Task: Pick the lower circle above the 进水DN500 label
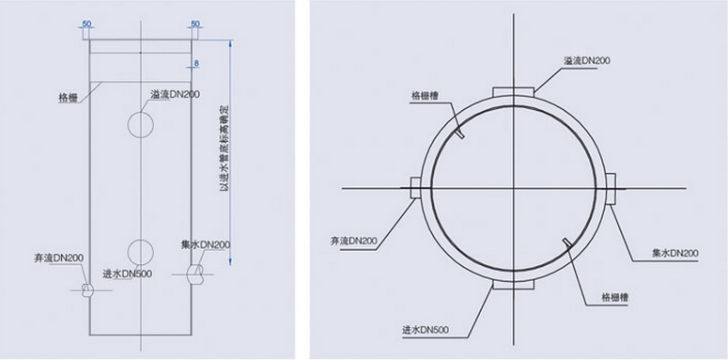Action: click(x=140, y=251)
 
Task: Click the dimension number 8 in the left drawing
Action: click(x=196, y=64)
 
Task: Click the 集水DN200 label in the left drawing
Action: click(x=206, y=244)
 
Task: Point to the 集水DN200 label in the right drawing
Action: click(x=674, y=254)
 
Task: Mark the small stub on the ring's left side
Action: click(x=415, y=187)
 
